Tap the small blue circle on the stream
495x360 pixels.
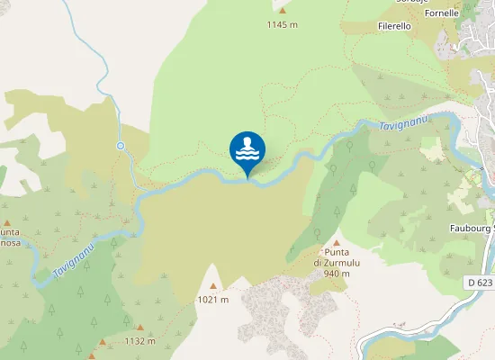(120, 145)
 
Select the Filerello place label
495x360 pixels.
(394, 27)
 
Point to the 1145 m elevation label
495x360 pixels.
(282, 24)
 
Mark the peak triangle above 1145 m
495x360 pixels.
(282, 11)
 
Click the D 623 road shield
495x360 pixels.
(479, 283)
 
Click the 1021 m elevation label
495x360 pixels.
(214, 299)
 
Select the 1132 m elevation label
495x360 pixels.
(139, 341)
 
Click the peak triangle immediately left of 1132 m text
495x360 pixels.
(103, 342)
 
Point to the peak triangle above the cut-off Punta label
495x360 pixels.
(7, 222)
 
